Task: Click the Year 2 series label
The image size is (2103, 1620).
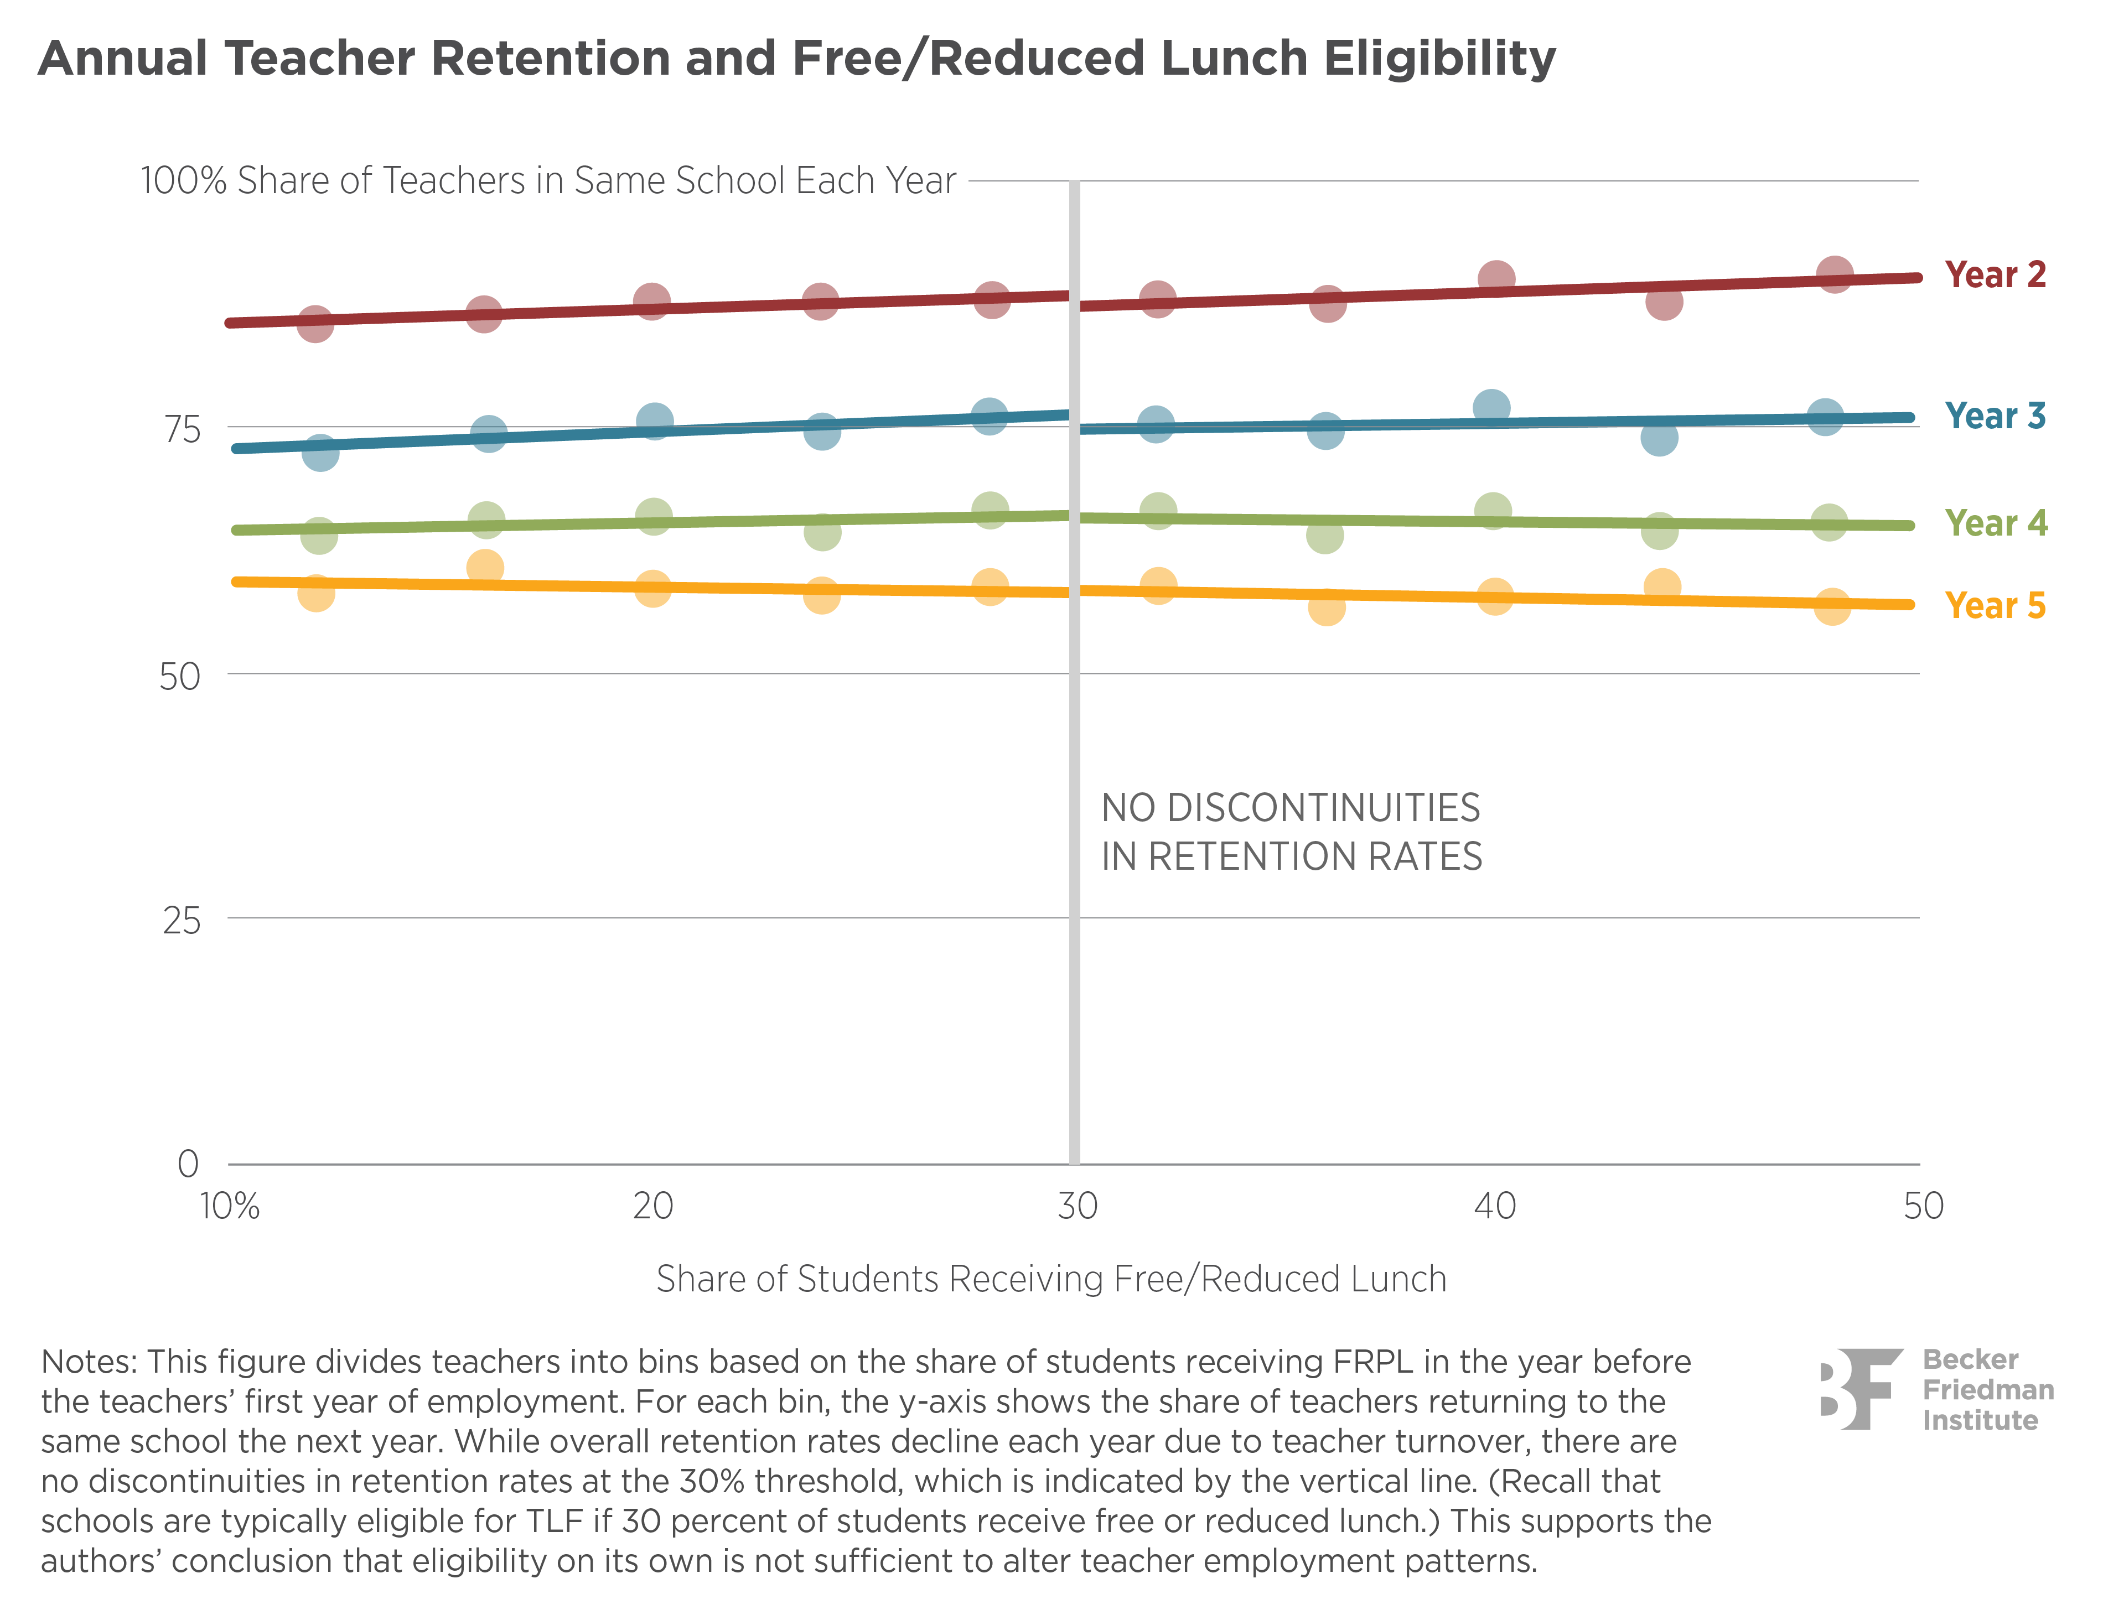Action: click(x=1994, y=276)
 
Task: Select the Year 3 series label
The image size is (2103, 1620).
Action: click(x=1994, y=416)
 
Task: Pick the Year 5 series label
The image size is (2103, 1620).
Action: click(x=1994, y=605)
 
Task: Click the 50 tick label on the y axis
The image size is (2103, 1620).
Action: click(x=180, y=677)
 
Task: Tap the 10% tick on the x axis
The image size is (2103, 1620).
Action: click(x=229, y=1205)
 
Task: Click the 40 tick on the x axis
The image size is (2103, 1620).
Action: click(x=1494, y=1205)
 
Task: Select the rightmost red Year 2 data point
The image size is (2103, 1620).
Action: click(x=1835, y=274)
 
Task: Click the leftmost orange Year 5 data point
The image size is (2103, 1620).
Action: click(x=316, y=593)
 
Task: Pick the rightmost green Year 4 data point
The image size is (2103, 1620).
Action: click(x=1829, y=523)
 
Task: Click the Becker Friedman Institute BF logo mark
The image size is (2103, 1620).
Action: click(x=1861, y=1388)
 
